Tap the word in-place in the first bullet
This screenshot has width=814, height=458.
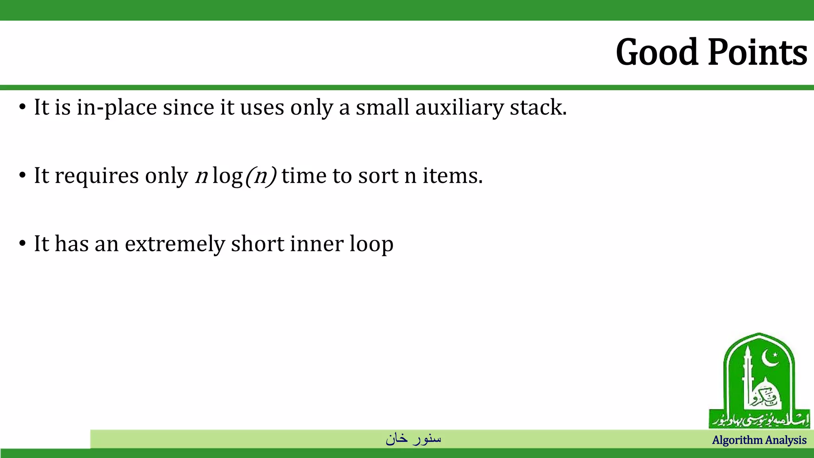pos(117,108)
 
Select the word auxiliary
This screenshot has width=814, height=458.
pos(459,108)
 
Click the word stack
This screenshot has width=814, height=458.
pos(538,107)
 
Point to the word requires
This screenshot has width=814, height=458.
pos(97,176)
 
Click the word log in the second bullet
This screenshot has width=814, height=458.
pos(227,176)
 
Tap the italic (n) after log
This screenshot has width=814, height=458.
pos(261,176)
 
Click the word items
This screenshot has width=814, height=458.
pos(452,175)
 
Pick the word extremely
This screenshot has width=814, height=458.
pos(175,244)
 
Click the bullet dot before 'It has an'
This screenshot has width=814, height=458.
pos(22,243)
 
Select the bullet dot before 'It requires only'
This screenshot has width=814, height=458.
pos(22,175)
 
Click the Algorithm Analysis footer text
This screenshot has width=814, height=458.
pos(759,440)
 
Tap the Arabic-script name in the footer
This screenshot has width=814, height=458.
pos(413,439)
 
